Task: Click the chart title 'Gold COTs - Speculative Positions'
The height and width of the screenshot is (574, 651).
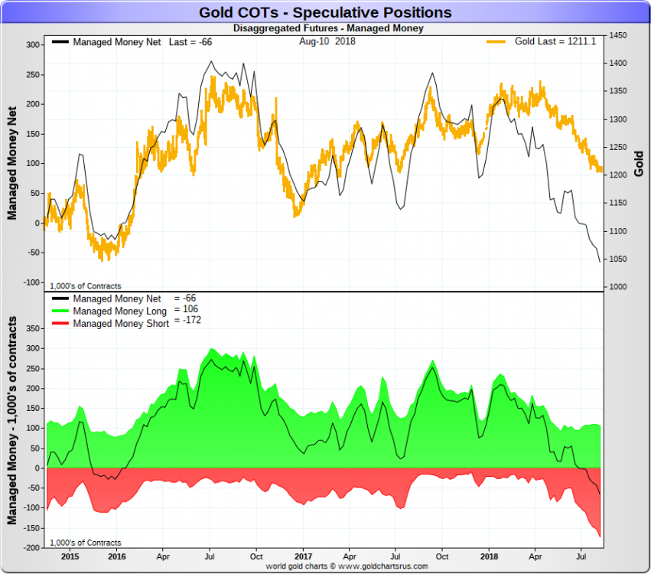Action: pos(325,12)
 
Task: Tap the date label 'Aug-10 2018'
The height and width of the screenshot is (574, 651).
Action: pos(327,42)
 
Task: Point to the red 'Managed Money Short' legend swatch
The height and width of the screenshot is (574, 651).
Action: pos(60,324)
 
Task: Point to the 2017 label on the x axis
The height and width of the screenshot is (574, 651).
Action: pos(304,556)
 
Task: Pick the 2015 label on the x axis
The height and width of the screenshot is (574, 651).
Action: pos(70,556)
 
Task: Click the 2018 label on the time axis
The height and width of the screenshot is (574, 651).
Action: pos(490,556)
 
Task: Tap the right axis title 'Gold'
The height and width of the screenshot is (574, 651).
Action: pos(638,162)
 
